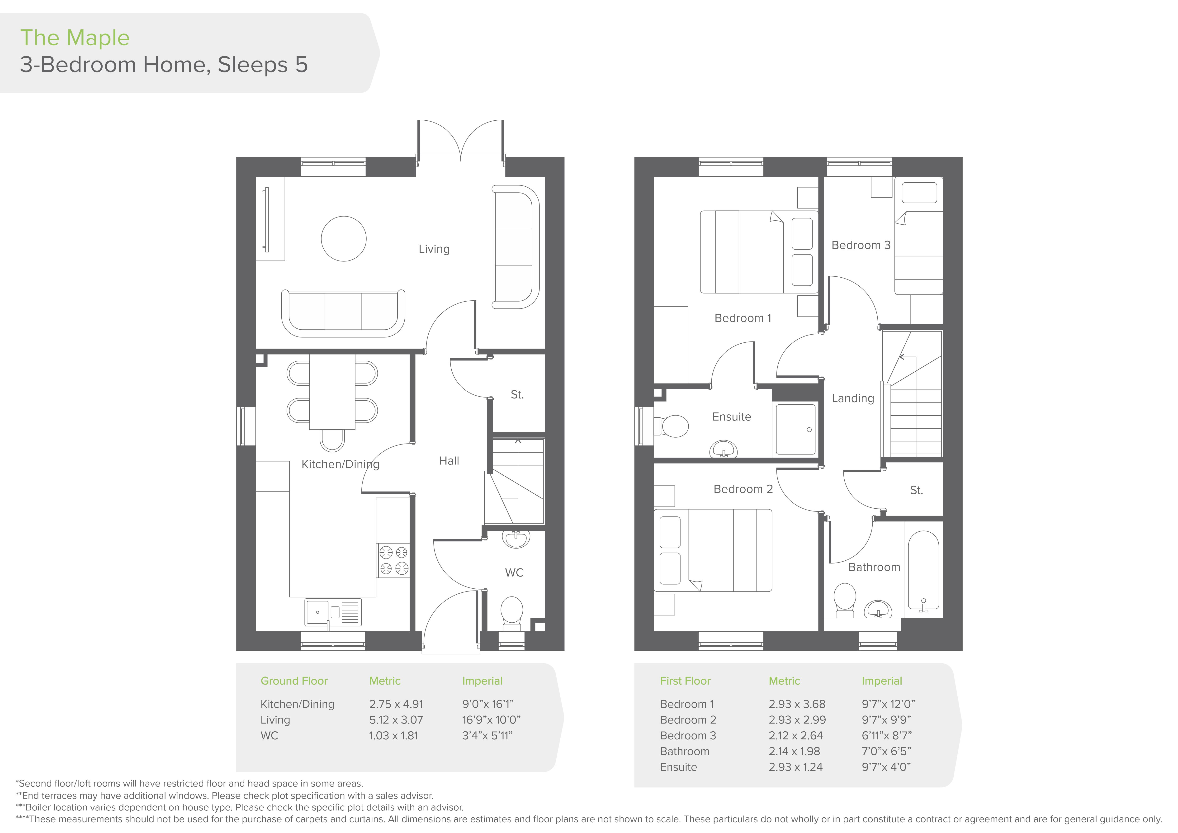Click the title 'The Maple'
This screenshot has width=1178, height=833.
(x=75, y=38)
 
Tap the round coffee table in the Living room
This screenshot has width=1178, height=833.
(x=344, y=238)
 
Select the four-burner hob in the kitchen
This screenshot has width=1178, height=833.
(x=393, y=560)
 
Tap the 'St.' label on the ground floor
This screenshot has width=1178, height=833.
(x=517, y=394)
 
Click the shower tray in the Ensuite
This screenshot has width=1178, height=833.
(x=795, y=429)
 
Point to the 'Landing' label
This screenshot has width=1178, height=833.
(x=853, y=398)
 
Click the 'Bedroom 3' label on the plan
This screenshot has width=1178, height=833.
(x=861, y=245)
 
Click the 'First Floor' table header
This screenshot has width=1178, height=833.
(x=685, y=681)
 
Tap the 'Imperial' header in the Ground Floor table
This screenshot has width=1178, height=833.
(x=482, y=681)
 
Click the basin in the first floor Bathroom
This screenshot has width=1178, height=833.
(x=878, y=609)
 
